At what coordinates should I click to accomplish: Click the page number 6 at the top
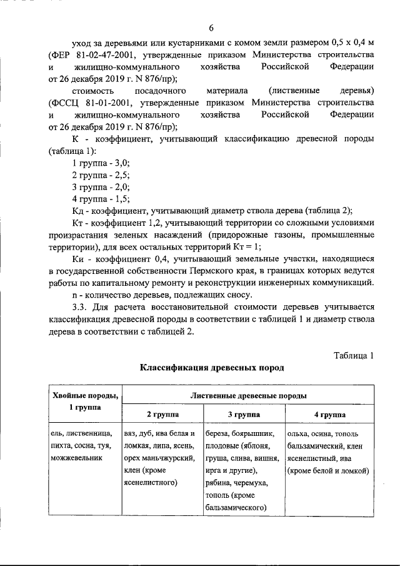pos(211,28)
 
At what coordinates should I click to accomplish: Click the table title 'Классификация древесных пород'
pos(211,368)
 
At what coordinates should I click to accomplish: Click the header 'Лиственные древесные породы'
pos(248,395)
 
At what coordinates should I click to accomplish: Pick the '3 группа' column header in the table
pos(243,414)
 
